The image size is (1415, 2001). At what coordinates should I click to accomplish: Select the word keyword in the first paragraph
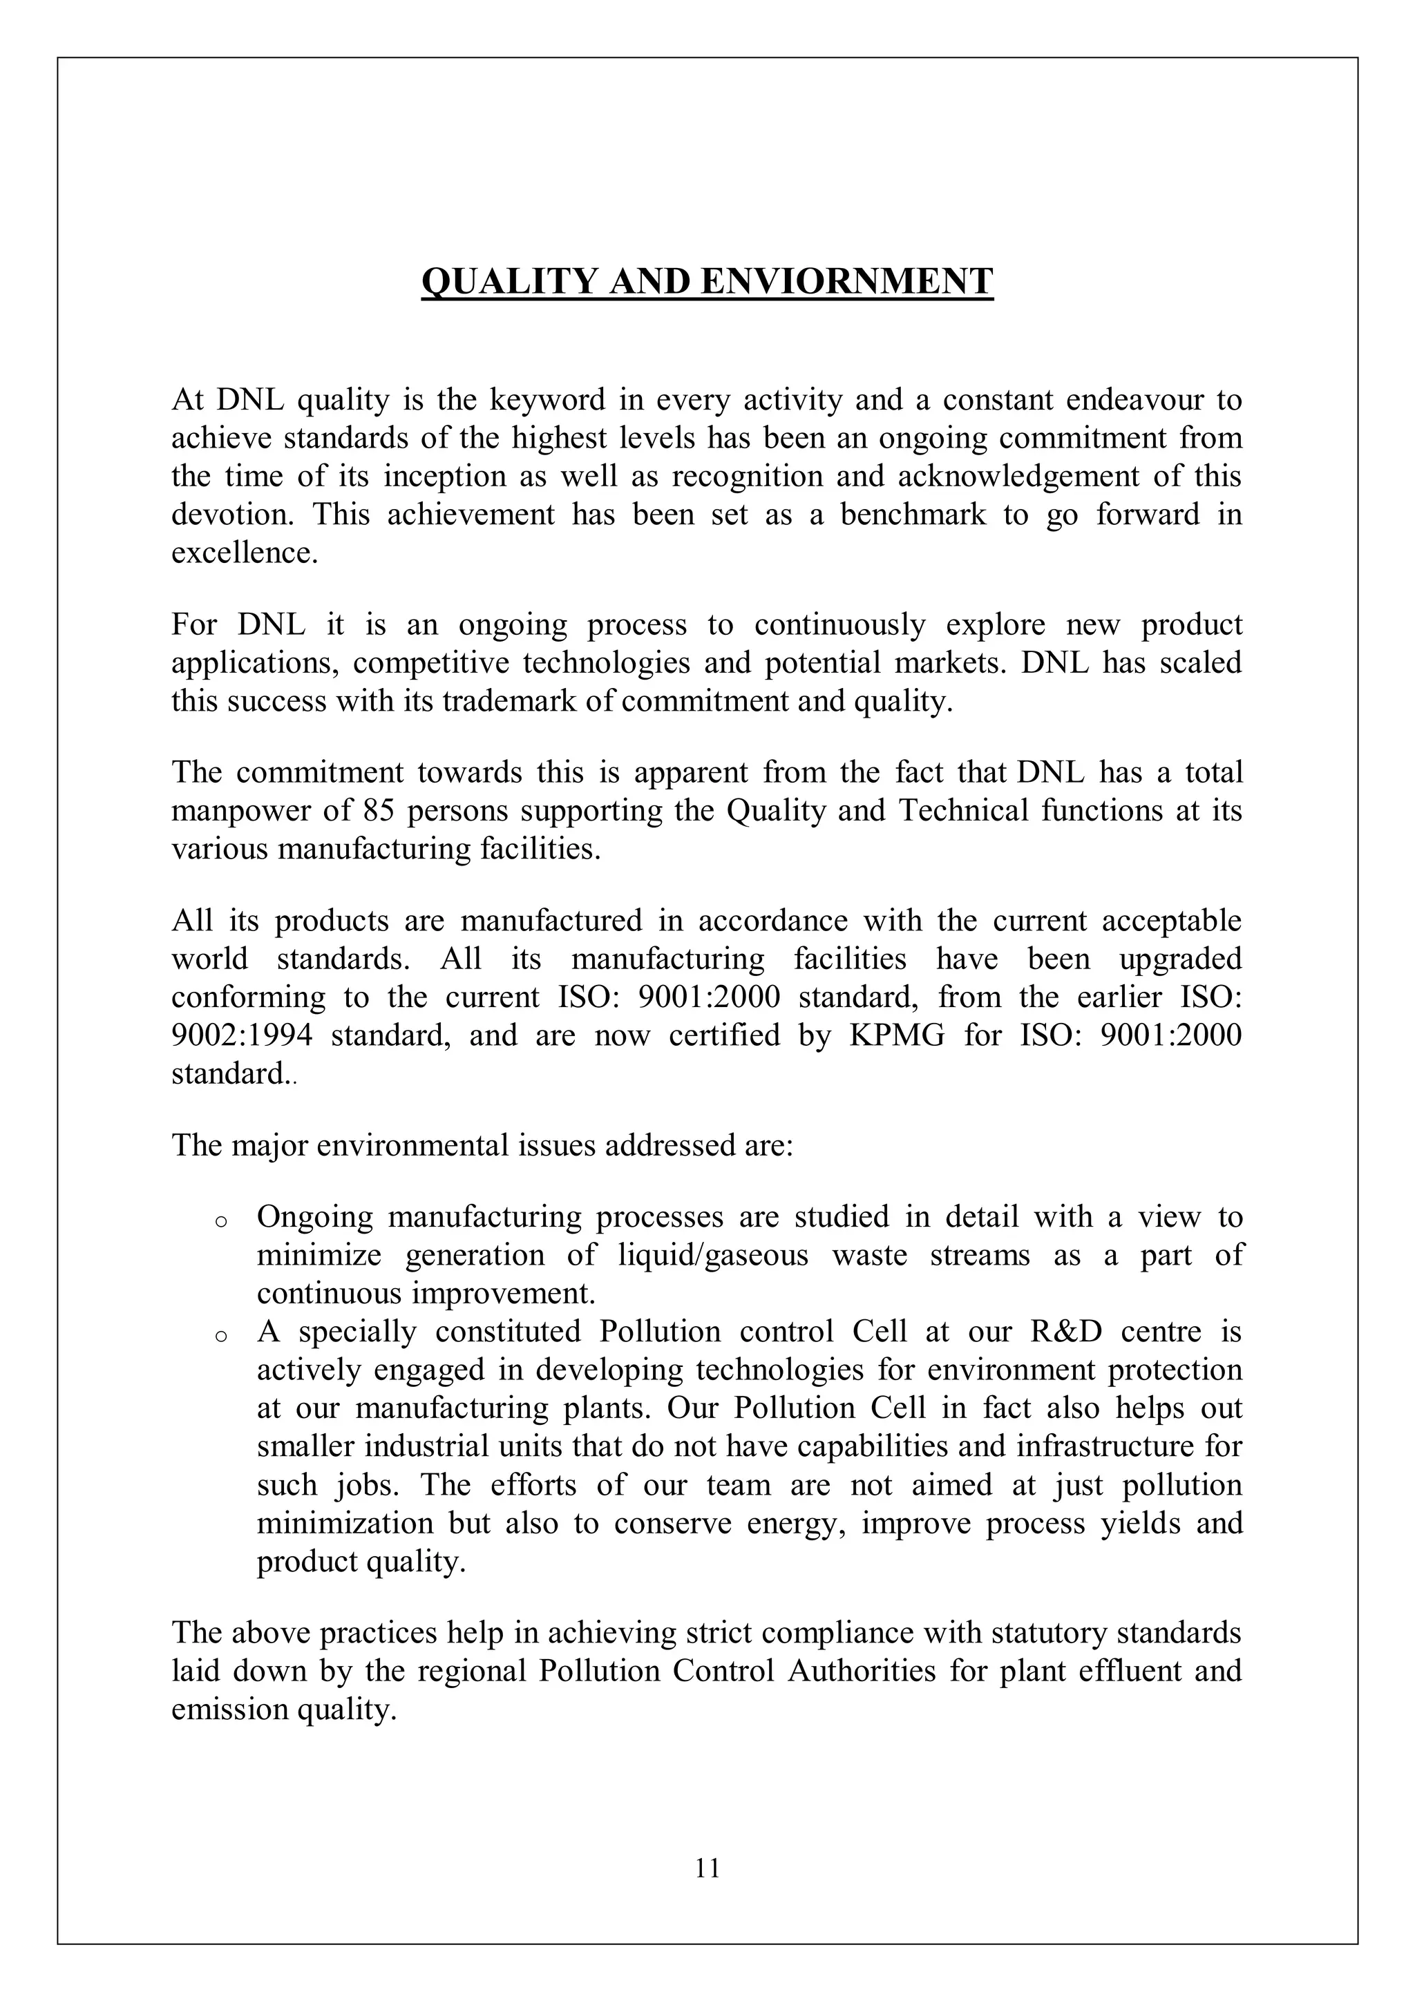546,400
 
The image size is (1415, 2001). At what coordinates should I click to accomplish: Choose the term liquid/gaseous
712,1254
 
